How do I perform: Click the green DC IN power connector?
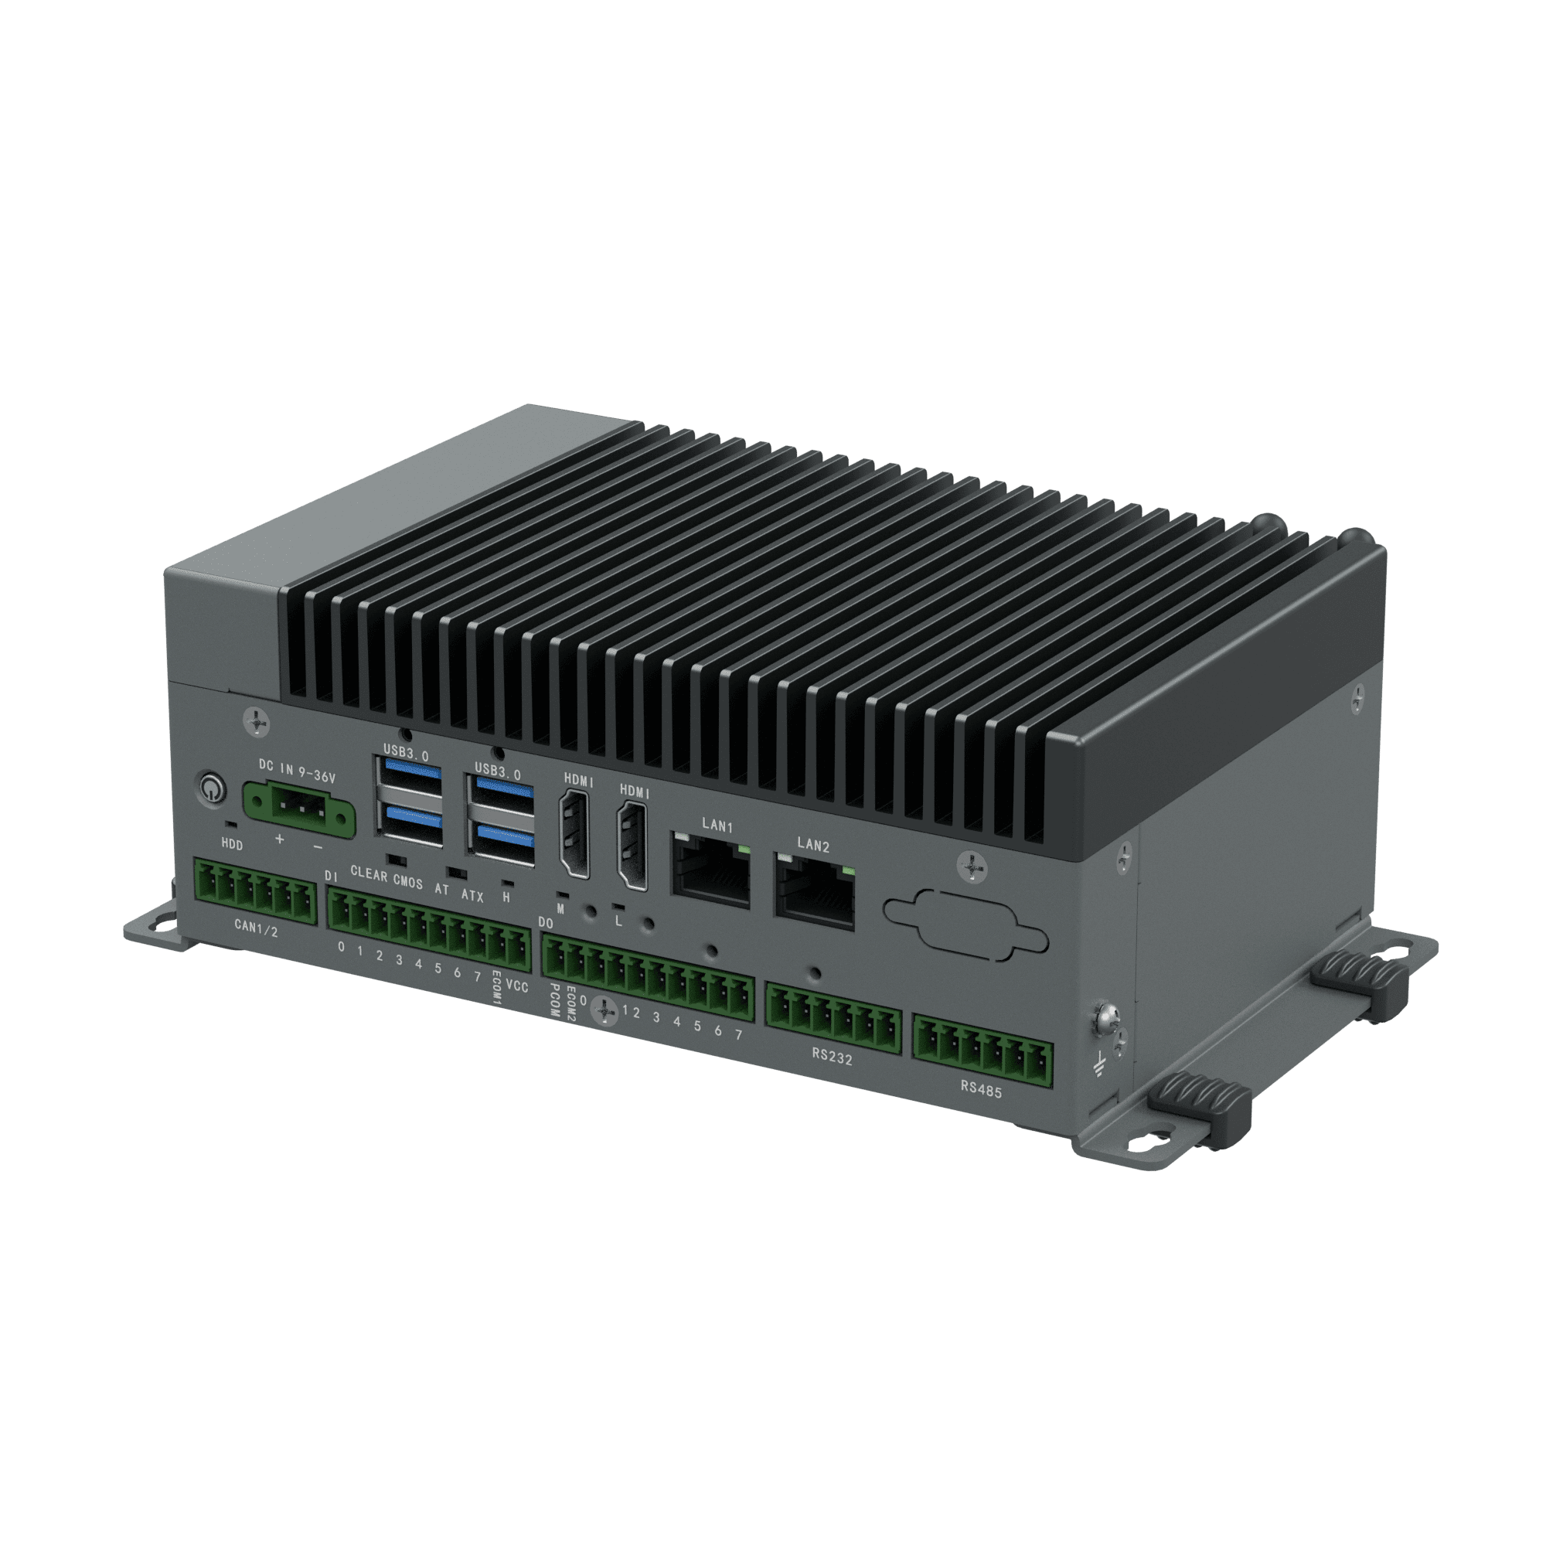tap(298, 811)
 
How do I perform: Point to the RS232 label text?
tap(833, 1058)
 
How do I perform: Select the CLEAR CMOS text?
tap(386, 877)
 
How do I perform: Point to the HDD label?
tap(232, 845)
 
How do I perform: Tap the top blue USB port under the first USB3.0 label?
tap(412, 772)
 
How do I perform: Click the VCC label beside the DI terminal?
tap(518, 987)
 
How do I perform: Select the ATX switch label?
tap(472, 896)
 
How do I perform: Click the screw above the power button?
tap(256, 720)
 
